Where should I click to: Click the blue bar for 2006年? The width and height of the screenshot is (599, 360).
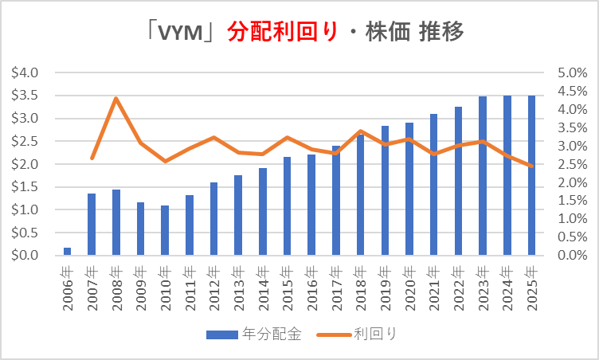(x=67, y=252)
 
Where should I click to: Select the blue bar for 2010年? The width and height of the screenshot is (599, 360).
(x=165, y=231)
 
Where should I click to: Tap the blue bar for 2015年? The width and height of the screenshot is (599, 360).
(x=287, y=206)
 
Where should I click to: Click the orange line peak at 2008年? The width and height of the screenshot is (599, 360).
(x=116, y=99)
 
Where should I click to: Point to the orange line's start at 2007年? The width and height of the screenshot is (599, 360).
(x=92, y=158)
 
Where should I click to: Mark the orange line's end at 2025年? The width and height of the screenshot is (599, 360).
(x=531, y=166)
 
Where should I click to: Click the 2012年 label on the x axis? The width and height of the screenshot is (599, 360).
(x=213, y=283)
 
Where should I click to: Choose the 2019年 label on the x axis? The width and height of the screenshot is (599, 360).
(x=385, y=283)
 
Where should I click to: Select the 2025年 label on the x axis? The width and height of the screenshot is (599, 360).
(x=531, y=283)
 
